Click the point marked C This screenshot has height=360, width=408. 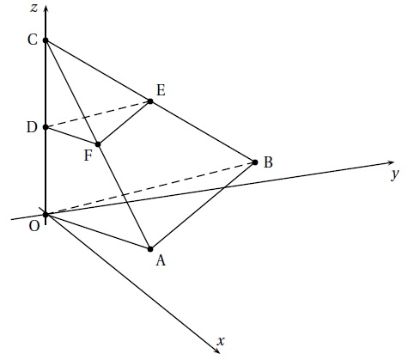click(x=46, y=40)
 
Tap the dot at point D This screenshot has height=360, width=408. click(x=46, y=127)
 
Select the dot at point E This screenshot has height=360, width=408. click(x=150, y=101)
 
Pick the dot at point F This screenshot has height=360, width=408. click(x=98, y=144)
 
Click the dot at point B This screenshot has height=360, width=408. click(x=255, y=162)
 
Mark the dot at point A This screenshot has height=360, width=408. click(x=150, y=249)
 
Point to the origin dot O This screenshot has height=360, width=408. click(x=46, y=214)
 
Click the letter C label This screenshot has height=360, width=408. click(x=33, y=40)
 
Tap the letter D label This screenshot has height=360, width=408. click(x=32, y=127)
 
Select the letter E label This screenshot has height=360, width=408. click(x=161, y=90)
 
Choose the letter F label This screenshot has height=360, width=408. click(x=88, y=156)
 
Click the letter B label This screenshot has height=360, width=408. click(x=268, y=162)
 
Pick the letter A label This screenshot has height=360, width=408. click(x=161, y=260)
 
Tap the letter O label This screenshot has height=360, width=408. click(x=34, y=226)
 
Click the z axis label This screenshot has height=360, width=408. click(x=34, y=8)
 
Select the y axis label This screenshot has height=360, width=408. click(x=395, y=174)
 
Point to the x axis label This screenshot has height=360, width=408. click(x=221, y=341)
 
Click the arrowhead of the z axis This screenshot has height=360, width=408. click(x=46, y=9)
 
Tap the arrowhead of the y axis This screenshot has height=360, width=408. click(x=391, y=163)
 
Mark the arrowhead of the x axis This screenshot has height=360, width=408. click(x=216, y=351)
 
